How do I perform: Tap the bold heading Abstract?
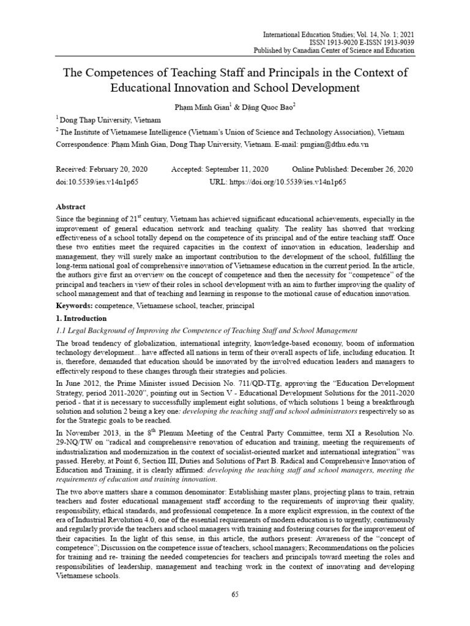pyautogui.click(x=71, y=207)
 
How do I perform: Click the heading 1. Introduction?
pyautogui.click(x=81, y=318)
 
